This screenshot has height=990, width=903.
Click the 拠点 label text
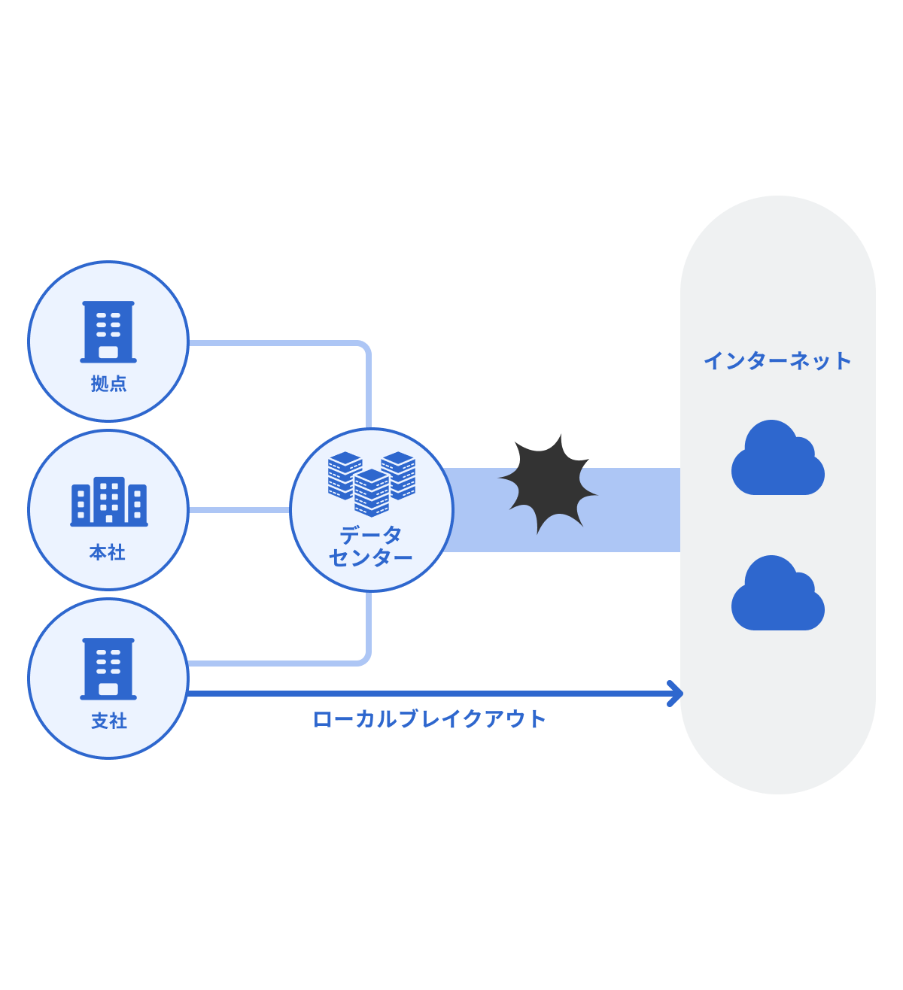coord(108,384)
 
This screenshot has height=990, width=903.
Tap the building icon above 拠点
coord(108,332)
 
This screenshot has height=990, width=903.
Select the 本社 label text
coord(108,553)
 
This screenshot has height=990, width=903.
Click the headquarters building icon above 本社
coord(109,501)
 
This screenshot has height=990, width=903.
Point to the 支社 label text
coord(109,721)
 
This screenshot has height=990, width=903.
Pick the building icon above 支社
coord(108,669)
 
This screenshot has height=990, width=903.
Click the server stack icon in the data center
coord(372,482)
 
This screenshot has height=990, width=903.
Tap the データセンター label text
coord(371,547)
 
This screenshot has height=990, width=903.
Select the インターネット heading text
coord(777,361)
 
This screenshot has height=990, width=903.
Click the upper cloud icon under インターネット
coord(777,459)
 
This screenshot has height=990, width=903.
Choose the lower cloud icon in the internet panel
coord(777,594)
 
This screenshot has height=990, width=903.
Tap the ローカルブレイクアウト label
coord(429,719)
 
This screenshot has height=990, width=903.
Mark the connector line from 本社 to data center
coord(239,510)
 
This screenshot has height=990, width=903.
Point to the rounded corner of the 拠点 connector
coord(365,348)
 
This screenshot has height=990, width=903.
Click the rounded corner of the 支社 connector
coord(365,659)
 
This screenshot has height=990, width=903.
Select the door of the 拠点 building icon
coord(108,352)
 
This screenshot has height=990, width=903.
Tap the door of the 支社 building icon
coord(108,689)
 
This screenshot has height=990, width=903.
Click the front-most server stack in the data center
coord(372,493)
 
